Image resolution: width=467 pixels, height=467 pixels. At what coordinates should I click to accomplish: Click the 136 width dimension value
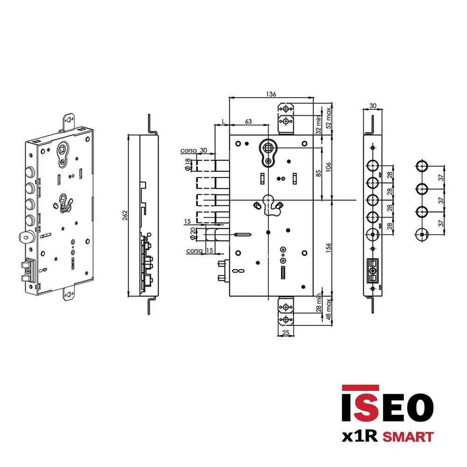(x=271, y=94)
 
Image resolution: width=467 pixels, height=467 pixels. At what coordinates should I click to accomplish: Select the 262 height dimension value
(x=125, y=215)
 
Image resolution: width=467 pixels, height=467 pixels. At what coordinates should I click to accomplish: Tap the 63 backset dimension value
(x=248, y=121)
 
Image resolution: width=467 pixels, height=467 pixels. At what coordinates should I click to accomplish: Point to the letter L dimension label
(x=223, y=121)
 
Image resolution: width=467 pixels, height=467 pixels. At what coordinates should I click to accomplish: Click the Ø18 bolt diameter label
(x=188, y=164)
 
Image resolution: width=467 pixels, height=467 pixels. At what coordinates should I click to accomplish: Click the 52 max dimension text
(x=328, y=118)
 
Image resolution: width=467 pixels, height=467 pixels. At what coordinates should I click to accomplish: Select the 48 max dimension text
(x=328, y=309)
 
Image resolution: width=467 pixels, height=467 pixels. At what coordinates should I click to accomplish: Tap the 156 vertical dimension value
(x=328, y=248)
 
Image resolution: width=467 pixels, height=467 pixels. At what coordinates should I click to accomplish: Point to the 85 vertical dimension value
(x=318, y=173)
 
